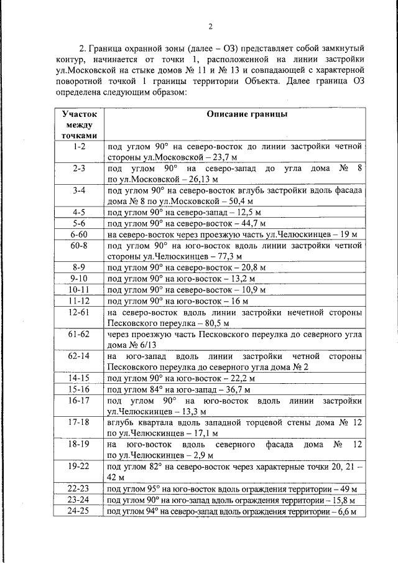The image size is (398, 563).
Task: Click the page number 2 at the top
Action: coord(210,26)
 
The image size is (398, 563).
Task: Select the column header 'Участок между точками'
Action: coord(79,125)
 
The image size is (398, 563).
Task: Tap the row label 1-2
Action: coord(79,146)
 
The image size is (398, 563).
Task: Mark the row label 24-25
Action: coord(79,511)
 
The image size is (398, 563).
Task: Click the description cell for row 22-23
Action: coord(231,489)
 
